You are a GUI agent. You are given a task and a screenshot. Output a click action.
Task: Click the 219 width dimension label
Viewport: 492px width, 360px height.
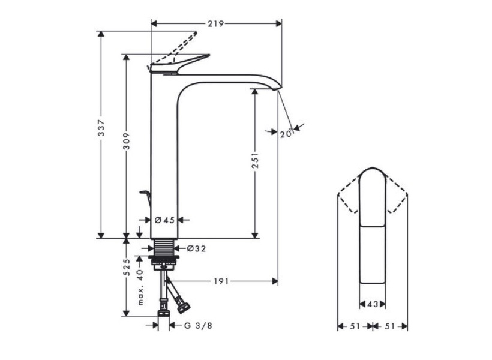215,24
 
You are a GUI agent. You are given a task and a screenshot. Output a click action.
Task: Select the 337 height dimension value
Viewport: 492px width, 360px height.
101,127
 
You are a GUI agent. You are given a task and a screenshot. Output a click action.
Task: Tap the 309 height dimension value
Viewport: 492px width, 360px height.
127,141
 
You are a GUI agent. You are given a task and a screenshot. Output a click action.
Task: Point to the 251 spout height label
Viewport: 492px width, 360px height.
256,160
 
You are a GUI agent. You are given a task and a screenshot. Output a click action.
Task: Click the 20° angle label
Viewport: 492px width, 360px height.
286,134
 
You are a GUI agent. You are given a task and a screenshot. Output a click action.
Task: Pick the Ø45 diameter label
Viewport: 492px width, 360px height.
165,220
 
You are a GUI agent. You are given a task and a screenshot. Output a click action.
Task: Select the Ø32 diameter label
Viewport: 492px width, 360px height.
196,249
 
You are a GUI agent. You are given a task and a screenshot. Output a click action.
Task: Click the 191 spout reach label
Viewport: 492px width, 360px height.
221,281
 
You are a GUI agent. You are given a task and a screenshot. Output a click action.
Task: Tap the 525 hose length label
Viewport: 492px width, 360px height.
127,268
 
